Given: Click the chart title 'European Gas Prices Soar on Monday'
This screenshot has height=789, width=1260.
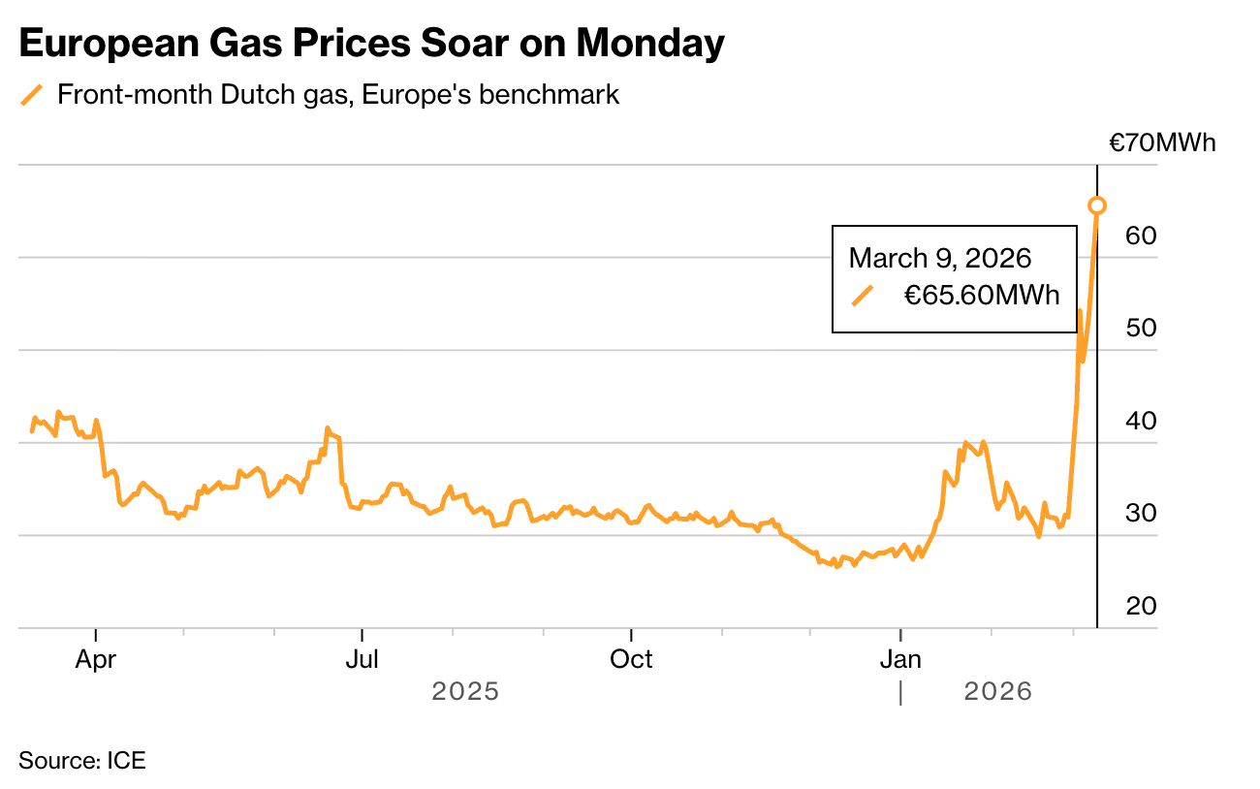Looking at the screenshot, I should (371, 45).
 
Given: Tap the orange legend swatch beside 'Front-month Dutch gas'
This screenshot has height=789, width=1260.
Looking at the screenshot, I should (33, 95).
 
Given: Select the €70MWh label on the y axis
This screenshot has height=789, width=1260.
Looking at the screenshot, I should (1161, 143).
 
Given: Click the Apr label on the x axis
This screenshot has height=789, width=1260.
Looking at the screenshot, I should (96, 660).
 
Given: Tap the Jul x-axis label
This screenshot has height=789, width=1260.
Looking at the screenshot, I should (362, 660).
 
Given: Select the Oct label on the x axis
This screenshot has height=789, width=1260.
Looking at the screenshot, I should (631, 660).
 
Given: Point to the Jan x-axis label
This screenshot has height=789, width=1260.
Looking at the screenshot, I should (900, 660).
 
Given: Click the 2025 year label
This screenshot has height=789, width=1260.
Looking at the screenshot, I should (465, 692).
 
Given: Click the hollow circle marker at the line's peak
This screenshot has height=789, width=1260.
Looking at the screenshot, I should (1097, 205).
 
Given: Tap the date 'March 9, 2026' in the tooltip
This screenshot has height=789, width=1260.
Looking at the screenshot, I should (939, 258).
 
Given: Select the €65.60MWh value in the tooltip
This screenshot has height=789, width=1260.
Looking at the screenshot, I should (982, 295).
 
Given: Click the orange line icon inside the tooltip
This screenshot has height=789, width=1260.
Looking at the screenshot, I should (862, 295).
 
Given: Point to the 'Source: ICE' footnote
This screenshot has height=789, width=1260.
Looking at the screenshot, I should (82, 760).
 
